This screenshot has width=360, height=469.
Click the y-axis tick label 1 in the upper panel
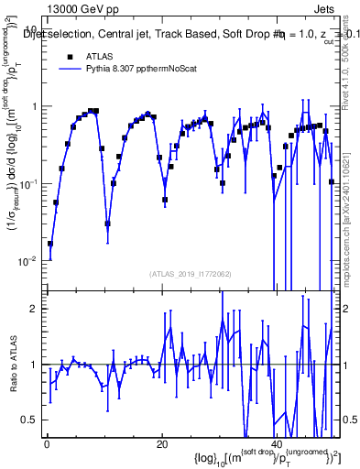(x=35, y=107)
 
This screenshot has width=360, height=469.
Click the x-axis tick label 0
(x=47, y=445)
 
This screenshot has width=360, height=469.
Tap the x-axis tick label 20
(x=162, y=445)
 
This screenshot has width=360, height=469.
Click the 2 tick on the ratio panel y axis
(x=35, y=309)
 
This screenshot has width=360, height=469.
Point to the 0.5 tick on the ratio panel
(x=30, y=420)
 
